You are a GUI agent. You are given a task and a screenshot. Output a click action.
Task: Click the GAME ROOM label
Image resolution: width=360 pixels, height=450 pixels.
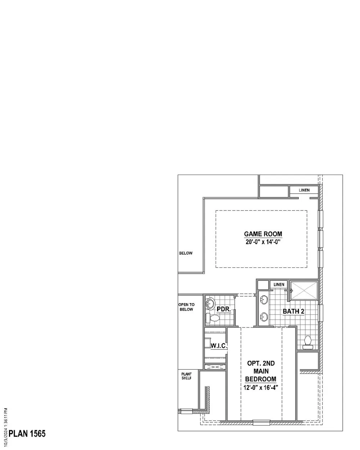click(263, 234)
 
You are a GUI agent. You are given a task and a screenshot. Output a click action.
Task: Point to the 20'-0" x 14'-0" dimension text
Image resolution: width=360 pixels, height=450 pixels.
click(263, 242)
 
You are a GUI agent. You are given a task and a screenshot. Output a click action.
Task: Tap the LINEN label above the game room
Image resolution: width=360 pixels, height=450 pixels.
click(304, 190)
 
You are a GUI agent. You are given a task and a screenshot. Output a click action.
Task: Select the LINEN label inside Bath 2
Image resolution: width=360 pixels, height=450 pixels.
click(279, 284)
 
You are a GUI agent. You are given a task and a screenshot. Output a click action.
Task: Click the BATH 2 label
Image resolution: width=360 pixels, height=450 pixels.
click(293, 311)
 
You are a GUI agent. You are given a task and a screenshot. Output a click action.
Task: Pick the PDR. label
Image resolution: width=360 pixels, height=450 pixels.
click(224, 309)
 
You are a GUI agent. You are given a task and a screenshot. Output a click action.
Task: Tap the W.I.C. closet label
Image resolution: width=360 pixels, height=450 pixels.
click(219, 346)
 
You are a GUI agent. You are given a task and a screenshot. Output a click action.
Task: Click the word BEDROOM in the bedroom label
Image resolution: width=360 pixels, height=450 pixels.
click(261, 379)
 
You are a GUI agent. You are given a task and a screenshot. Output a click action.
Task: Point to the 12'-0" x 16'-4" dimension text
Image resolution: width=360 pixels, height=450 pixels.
click(261, 387)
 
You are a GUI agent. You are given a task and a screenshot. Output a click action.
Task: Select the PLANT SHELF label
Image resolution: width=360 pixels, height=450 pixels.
click(186, 376)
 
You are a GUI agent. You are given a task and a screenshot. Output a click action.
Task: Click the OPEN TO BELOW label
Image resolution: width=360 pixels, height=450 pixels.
click(186, 307)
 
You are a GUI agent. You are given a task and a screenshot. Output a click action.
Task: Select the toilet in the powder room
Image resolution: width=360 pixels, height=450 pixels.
click(213, 318)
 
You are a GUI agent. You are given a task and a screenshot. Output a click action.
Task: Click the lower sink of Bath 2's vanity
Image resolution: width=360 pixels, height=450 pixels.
click(264, 317)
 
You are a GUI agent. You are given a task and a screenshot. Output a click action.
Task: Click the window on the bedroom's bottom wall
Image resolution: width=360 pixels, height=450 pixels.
click(261, 423)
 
